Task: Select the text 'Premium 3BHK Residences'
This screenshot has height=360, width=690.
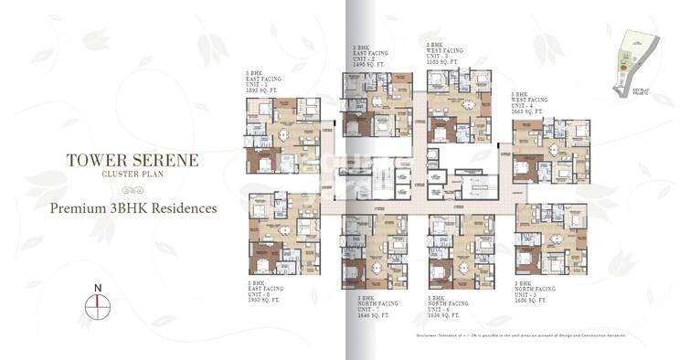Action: coord(133,208)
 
